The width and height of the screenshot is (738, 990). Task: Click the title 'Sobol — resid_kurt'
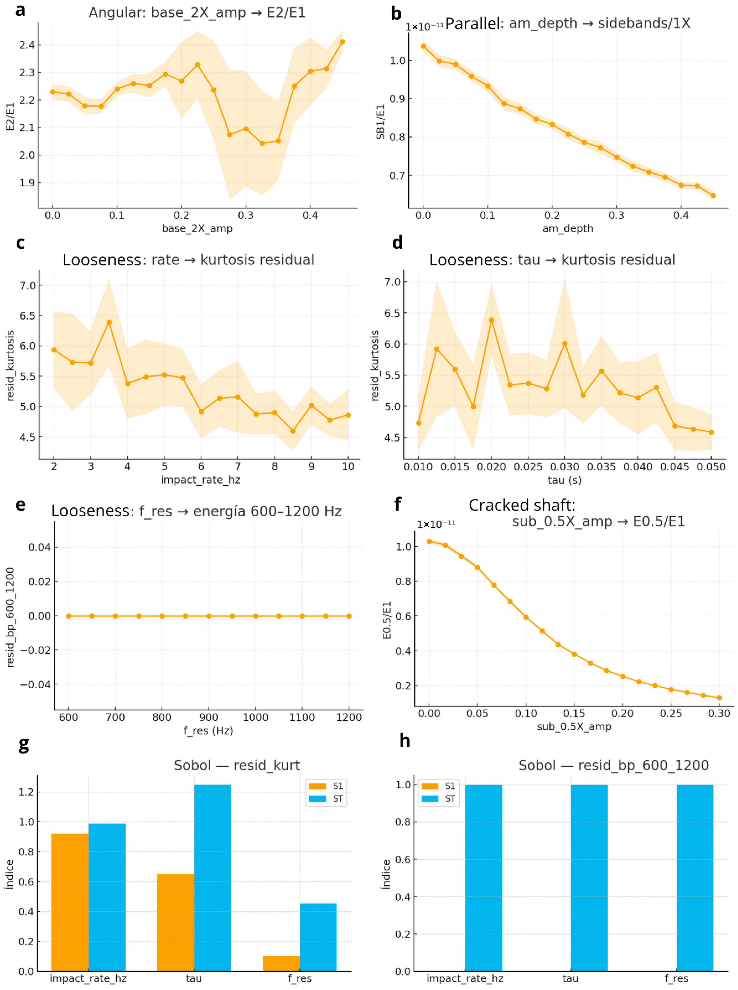[x=237, y=765]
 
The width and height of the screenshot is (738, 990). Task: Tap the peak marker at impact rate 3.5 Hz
[x=109, y=322]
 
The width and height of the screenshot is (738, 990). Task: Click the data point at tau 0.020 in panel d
[x=491, y=320]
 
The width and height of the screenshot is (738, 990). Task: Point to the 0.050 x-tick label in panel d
[x=711, y=467]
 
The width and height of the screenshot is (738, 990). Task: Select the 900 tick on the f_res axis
[x=209, y=717]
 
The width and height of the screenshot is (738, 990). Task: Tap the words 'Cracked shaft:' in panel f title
[x=522, y=505]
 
